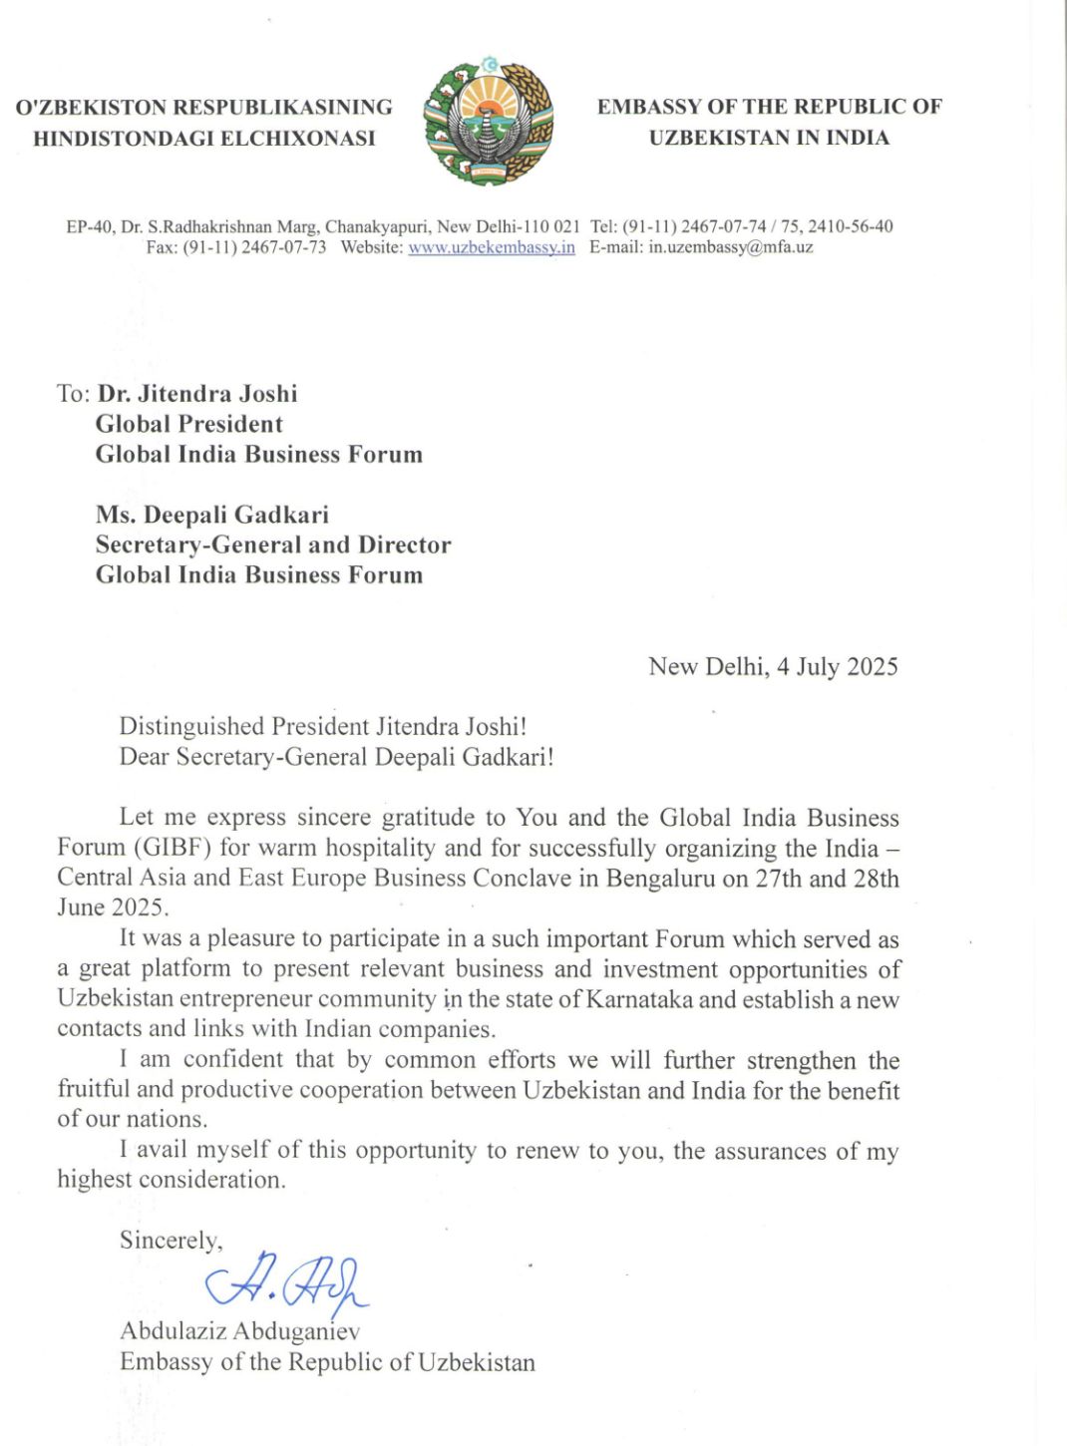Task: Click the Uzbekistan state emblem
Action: (489, 122)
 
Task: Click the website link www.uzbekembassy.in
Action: (491, 247)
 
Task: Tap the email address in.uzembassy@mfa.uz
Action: (730, 247)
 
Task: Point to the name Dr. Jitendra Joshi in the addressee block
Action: (197, 394)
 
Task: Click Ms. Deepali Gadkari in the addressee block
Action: (211, 515)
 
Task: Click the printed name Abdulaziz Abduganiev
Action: (239, 1330)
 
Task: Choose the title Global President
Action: (188, 424)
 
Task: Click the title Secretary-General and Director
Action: (272, 544)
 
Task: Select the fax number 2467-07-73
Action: (283, 247)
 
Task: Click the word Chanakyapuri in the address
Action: (378, 226)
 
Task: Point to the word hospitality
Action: (381, 848)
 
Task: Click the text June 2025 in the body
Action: (113, 907)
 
